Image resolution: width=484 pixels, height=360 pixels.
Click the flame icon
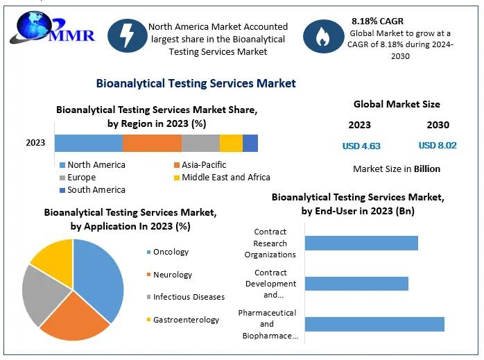[323, 37]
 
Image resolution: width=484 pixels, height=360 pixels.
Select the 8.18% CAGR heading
[377, 21]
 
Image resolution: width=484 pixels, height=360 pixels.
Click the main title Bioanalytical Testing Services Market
[196, 84]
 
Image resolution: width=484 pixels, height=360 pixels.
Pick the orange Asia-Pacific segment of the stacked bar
[152, 143]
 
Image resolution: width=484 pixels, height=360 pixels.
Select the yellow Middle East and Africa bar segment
[231, 143]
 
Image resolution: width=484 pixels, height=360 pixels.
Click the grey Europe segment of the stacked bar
[200, 143]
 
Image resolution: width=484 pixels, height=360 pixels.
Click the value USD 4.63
[361, 146]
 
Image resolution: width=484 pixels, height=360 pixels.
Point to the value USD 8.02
[438, 146]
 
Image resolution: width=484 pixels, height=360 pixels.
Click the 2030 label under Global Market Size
[438, 126]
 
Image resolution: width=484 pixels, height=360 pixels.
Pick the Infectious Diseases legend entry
[189, 297]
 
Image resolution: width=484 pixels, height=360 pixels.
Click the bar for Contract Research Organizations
[361, 243]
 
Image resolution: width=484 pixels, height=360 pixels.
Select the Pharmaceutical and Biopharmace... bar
[374, 324]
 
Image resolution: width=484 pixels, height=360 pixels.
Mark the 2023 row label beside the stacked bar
[35, 143]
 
